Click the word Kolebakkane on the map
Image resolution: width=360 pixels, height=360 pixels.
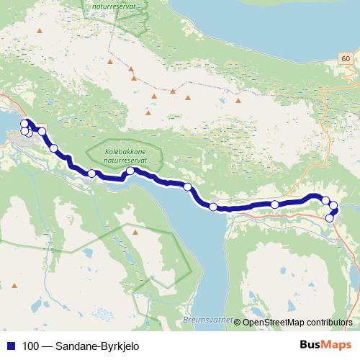click(116, 153)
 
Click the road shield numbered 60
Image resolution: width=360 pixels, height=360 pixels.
click(347, 58)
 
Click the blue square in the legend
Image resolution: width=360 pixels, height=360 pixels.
click(11, 346)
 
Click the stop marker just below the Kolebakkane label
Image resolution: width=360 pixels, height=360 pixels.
click(131, 171)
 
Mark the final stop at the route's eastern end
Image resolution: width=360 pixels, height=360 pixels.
click(330, 217)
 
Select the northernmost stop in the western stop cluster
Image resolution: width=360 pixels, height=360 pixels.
click(24, 123)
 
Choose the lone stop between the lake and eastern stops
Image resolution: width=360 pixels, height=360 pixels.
click(274, 204)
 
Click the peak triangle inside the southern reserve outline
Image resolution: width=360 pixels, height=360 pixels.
click(135, 233)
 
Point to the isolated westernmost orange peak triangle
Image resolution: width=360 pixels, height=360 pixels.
click(40, 32)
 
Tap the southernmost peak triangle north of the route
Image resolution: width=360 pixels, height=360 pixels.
click(148, 112)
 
